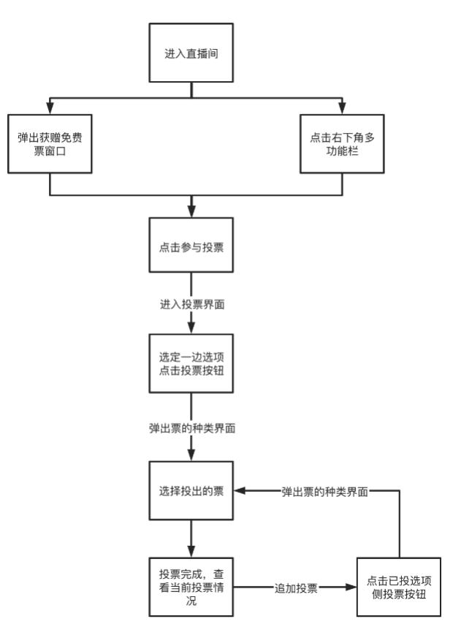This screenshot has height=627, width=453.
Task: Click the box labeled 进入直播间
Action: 191,53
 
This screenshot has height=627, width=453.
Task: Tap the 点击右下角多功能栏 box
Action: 341,142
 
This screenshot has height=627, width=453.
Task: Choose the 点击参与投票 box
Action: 191,246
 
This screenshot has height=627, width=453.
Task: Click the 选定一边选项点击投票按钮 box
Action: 191,364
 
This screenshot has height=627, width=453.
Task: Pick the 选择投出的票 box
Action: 191,491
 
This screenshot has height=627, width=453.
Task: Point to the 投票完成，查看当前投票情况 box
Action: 191,588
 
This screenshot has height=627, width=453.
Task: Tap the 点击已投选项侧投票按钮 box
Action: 400,588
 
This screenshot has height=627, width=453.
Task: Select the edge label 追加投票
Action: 295,588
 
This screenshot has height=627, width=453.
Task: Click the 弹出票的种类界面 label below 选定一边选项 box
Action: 191,427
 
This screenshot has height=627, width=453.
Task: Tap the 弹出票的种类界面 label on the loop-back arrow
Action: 325,491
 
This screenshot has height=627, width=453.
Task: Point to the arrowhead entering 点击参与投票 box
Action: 191,211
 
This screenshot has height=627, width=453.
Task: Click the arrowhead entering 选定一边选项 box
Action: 191,329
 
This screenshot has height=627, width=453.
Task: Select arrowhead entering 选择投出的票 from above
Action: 191,456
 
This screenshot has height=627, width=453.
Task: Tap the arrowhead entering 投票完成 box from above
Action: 191,552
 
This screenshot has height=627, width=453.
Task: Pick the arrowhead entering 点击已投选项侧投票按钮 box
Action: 351,588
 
